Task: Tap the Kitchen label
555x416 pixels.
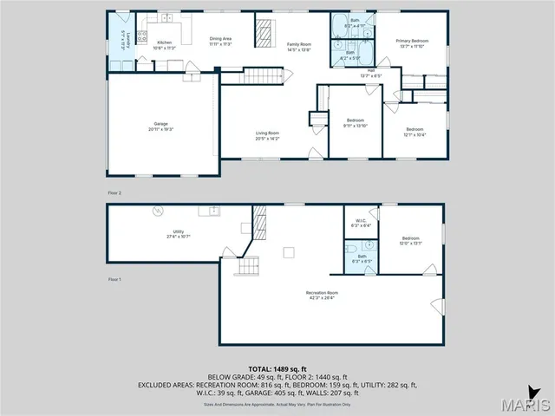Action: (164, 46)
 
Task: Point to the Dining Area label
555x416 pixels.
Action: (220, 41)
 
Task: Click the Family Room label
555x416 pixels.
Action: (299, 46)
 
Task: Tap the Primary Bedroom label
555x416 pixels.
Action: (413, 43)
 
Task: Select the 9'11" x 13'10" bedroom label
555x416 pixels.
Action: (356, 122)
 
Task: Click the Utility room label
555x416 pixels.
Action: (178, 234)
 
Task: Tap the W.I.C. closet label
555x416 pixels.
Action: (360, 223)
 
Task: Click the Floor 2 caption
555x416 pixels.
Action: (114, 192)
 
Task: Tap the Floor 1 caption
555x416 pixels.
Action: (114, 280)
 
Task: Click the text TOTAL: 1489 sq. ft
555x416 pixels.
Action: (277, 370)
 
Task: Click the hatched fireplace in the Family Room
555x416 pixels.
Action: (263, 32)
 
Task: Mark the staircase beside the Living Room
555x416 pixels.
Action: (264, 76)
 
